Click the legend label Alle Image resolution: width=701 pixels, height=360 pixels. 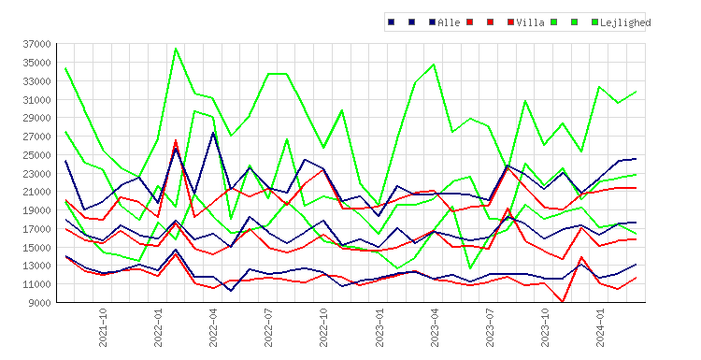pos(449,22)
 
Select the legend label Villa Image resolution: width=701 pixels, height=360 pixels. pos(530,22)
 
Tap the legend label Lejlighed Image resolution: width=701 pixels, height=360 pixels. pos(625,22)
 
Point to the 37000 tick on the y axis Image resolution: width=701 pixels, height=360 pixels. pos(37,44)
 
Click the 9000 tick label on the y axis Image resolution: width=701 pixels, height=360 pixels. pos(40,303)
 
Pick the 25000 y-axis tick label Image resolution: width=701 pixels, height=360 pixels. pos(37,155)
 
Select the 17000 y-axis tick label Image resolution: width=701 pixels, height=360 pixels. pos(37,229)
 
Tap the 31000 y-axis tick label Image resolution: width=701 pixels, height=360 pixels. pos(37,100)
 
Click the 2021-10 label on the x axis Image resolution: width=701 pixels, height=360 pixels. pos(103,327)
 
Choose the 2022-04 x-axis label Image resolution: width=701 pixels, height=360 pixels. pos(213,327)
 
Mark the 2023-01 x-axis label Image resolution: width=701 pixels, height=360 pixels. pos(379,327)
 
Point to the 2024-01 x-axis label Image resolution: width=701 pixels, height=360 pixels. pos(600,327)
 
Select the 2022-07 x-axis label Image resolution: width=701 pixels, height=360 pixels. pos(268,327)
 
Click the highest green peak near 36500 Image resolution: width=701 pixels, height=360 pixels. pos(176,49)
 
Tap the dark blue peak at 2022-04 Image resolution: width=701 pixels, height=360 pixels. pos(213,133)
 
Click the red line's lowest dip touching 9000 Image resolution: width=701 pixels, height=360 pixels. pos(563,302)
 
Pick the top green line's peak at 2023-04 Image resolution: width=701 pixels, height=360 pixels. pos(434,65)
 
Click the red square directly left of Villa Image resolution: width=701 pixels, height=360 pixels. pos(510,22)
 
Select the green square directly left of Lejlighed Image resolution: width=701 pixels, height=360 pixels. pos(594,22)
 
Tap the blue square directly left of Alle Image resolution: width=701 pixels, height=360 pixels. pos(433,22)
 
